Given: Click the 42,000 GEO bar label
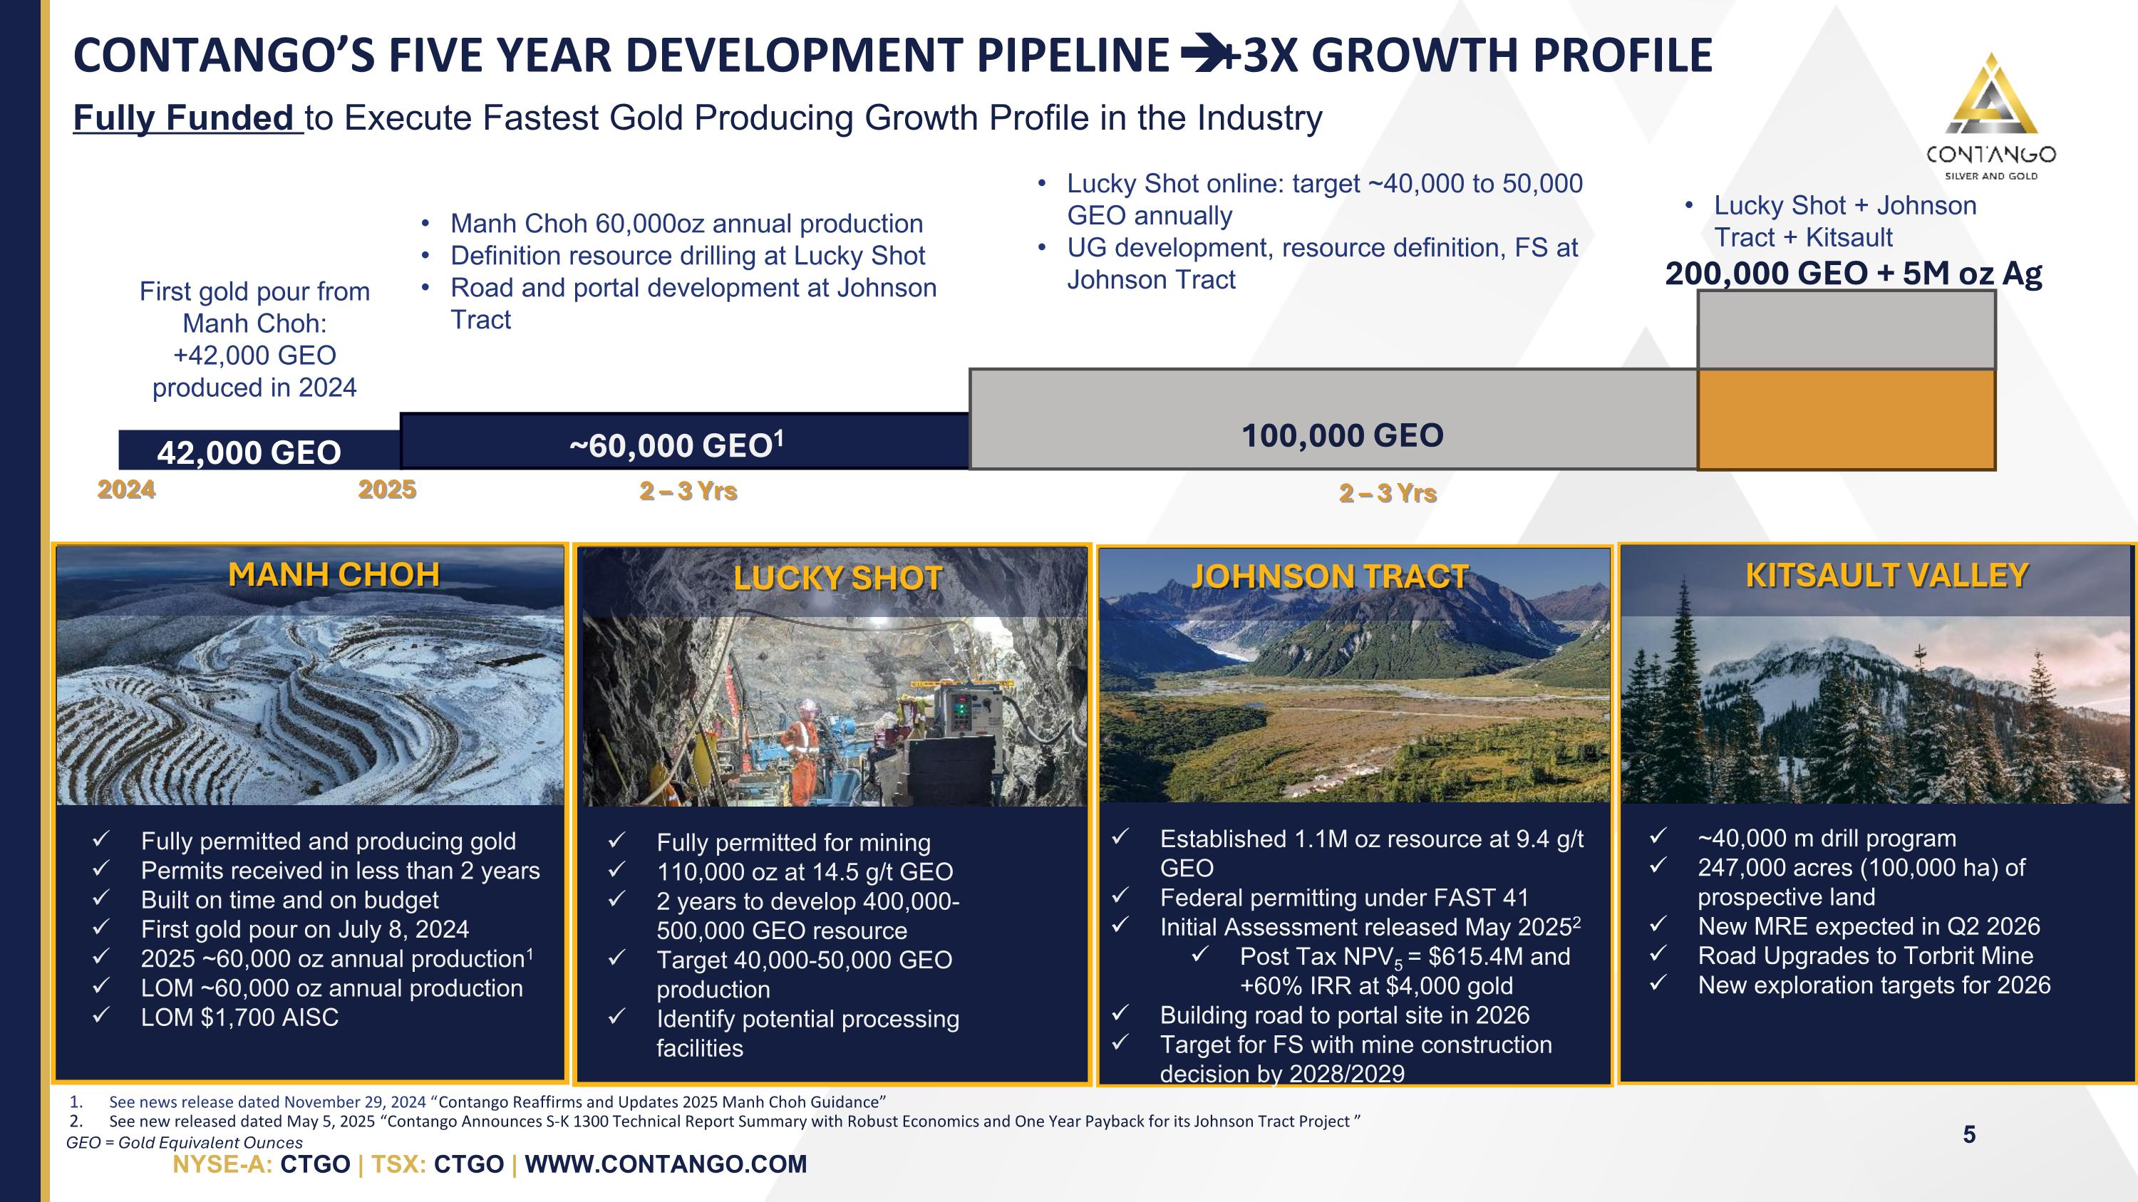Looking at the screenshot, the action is tap(249, 452).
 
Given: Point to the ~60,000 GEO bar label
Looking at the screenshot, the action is tap(676, 445).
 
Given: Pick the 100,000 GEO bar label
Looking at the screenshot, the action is tap(1342, 435).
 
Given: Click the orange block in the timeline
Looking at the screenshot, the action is tap(1847, 420).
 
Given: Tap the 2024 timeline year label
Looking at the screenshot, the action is tap(126, 489).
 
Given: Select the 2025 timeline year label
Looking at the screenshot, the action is tap(387, 489).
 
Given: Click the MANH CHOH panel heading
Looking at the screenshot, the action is tap(334, 574).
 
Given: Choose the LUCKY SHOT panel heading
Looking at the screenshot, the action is tap(837, 578).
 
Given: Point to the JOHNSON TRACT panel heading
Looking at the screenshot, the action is tap(1330, 576).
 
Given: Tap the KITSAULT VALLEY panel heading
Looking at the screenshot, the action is tap(1886, 575).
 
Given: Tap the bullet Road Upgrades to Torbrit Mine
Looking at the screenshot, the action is tap(1866, 955).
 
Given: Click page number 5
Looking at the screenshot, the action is tap(1968, 1135).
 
